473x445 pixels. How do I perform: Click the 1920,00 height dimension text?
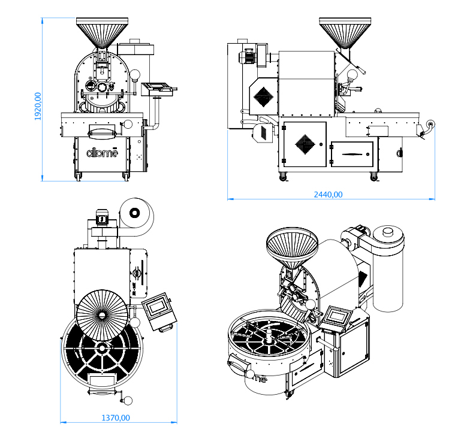(38, 107)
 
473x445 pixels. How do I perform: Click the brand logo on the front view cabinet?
(103, 152)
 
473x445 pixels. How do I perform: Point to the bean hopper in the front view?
(101, 32)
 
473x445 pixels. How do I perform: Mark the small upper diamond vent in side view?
(263, 95)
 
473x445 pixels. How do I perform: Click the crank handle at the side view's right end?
(429, 126)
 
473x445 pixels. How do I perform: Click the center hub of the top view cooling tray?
(103, 347)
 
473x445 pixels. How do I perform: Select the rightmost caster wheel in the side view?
(374, 175)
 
